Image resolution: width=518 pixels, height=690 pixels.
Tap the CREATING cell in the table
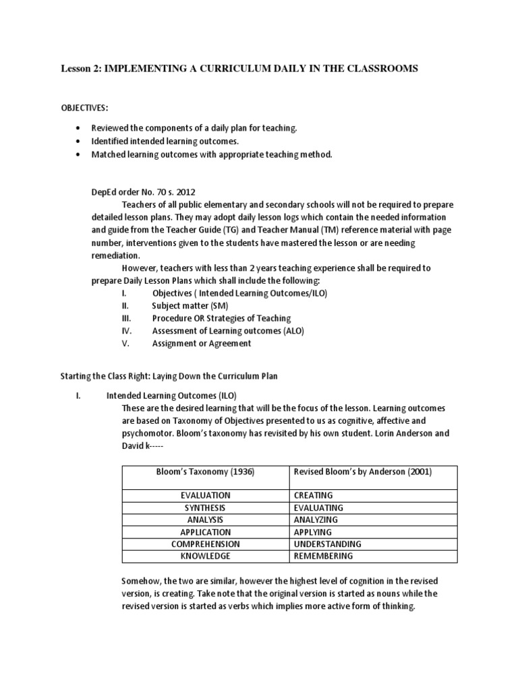click(x=314, y=495)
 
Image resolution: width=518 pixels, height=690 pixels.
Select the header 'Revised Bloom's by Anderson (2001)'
click(x=363, y=472)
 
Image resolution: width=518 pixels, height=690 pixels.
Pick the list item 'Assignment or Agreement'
click(x=202, y=343)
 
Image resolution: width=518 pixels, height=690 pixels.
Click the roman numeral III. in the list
click(x=124, y=318)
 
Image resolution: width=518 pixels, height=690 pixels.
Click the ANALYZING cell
click(x=316, y=520)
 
